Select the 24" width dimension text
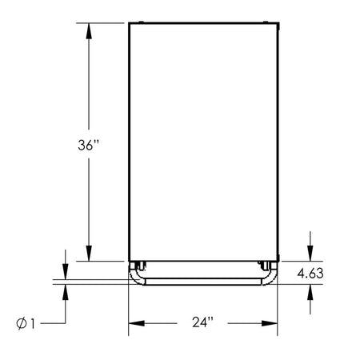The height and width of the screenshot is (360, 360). coord(203,323)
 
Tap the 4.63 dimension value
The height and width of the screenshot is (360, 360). coord(309,274)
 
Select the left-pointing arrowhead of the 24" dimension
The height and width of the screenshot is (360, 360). coord(134,323)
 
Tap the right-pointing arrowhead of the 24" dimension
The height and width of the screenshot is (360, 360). coord(271,323)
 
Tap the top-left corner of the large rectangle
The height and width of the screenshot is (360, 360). coord(130,23)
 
